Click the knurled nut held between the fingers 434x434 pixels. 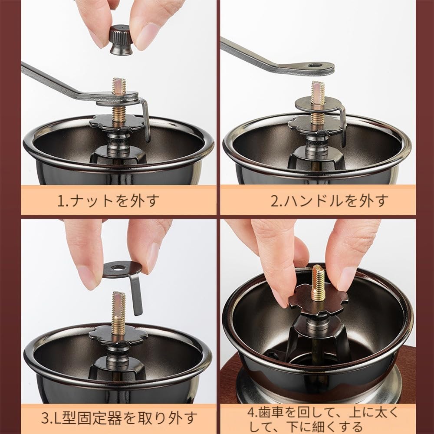pyautogui.click(x=121, y=40)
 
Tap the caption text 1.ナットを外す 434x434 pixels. pyautogui.click(x=108, y=201)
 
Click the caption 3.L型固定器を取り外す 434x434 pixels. pyautogui.click(x=119, y=419)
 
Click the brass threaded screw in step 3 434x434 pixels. pyautogui.click(x=118, y=312)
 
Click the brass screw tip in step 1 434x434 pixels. pyautogui.click(x=119, y=86)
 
